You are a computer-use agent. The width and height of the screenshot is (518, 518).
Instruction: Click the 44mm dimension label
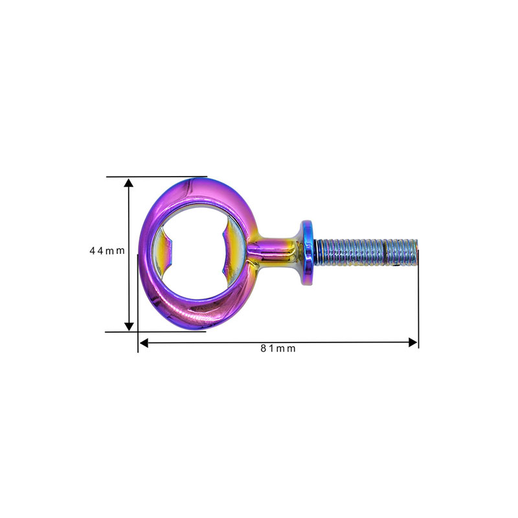click(107, 251)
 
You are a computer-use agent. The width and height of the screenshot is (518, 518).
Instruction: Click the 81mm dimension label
click(278, 348)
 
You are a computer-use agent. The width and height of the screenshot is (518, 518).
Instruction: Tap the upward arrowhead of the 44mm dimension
click(129, 183)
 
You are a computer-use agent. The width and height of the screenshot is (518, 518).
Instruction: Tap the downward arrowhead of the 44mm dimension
click(129, 326)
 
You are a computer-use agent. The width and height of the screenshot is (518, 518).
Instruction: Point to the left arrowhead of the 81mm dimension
click(144, 343)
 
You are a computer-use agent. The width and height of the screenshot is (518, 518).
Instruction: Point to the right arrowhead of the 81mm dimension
click(413, 343)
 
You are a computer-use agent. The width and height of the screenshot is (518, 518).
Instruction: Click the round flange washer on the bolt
click(307, 253)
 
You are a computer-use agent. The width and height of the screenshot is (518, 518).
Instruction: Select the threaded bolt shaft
click(366, 253)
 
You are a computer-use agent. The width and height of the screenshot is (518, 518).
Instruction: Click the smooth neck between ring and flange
click(273, 252)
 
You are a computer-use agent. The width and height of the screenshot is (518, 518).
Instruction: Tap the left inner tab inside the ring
click(164, 251)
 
